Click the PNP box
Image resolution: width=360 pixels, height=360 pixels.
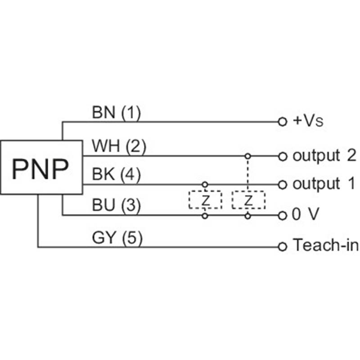pos(41,167)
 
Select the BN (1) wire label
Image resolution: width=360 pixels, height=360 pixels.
pos(116,112)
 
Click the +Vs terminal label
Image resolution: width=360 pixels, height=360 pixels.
pos(308,121)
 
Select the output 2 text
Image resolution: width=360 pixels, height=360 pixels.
pos(324,156)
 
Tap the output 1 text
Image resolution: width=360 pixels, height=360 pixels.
pos(323,184)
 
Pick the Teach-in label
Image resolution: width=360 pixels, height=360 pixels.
pos(325,246)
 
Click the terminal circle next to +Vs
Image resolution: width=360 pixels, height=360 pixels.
pos(282,121)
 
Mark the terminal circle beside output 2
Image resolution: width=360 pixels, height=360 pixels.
pos(282,157)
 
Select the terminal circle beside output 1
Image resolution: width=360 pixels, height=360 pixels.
pos(282,184)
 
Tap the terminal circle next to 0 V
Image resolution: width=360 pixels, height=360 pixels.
pos(282,216)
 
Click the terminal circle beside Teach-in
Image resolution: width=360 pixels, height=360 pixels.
pos(282,246)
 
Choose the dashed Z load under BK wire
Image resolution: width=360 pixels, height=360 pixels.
pos(205,200)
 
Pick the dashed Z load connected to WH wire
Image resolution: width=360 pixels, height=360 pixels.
pos(248,200)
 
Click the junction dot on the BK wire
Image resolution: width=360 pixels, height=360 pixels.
pos(205,184)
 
